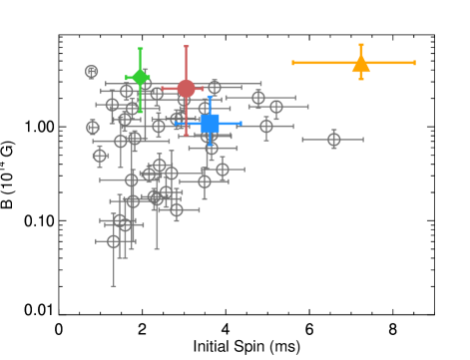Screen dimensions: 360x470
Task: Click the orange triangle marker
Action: [361, 64]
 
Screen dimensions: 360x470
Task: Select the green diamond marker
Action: [140, 78]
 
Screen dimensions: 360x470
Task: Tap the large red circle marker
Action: [186, 89]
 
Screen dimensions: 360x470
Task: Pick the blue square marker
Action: [210, 124]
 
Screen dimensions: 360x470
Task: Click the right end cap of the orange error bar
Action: [414, 63]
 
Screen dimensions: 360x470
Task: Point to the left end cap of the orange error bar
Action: [293, 63]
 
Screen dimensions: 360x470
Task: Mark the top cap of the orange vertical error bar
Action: [361, 45]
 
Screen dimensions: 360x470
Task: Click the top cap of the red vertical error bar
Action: [186, 46]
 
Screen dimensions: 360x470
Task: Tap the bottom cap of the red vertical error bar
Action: [186, 135]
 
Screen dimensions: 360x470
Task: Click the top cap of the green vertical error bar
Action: [140, 49]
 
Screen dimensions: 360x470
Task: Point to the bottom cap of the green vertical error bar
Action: [140, 111]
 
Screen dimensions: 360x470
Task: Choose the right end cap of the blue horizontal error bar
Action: [240, 124]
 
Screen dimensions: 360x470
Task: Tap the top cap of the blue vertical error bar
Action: [210, 98]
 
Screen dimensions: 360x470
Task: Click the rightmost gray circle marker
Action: [334, 140]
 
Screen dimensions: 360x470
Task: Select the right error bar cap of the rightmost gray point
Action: [363, 140]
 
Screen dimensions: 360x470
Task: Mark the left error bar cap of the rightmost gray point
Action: [303, 140]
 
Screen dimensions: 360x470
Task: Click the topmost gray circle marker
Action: [92, 72]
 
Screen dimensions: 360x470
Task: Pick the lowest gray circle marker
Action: [114, 241]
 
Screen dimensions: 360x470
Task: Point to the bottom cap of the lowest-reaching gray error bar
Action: [114, 286]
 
